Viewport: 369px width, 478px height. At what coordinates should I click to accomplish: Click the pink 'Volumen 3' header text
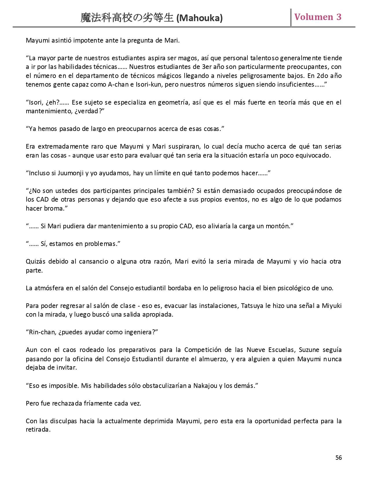pyautogui.click(x=318, y=17)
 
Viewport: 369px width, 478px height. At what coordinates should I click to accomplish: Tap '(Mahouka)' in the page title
pyautogui.click(x=199, y=18)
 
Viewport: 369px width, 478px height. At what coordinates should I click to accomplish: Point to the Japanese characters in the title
pyautogui.click(x=127, y=18)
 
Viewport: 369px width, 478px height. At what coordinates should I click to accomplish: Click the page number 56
pyautogui.click(x=339, y=457)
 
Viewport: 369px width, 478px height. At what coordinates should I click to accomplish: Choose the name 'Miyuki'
pyautogui.click(x=332, y=306)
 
